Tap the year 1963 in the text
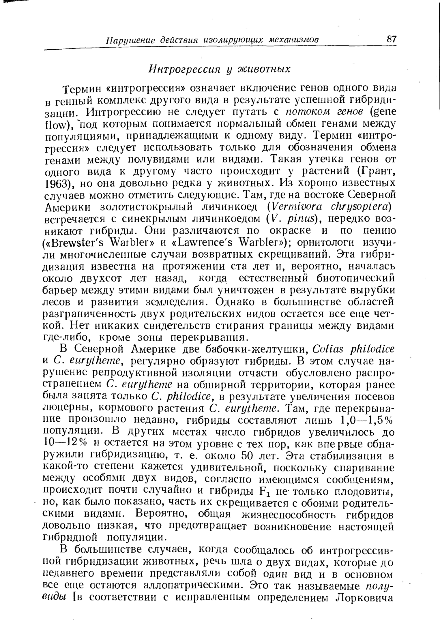coord(55,184)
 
